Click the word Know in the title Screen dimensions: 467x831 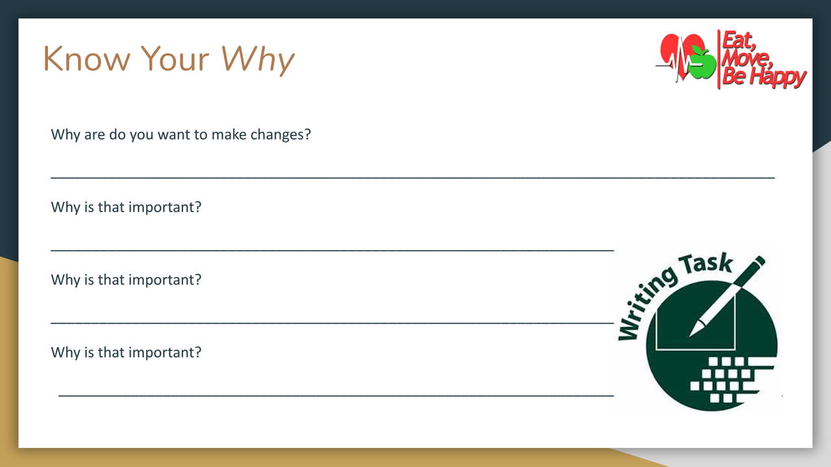point(87,59)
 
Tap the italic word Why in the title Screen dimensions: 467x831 point(258,60)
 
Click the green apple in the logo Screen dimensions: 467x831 point(701,62)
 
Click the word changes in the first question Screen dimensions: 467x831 point(280,136)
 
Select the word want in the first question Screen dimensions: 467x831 point(174,136)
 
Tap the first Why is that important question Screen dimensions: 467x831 point(126,208)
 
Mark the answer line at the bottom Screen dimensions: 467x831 point(336,394)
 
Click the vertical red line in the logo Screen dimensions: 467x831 point(719,60)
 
